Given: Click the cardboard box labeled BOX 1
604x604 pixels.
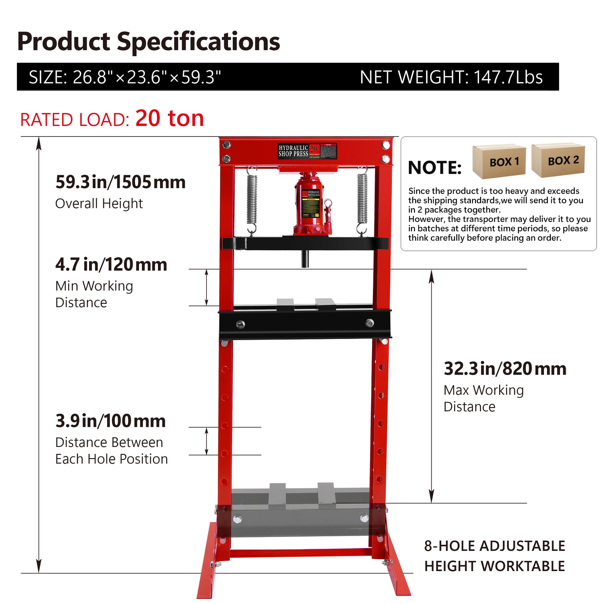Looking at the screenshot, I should (x=499, y=161).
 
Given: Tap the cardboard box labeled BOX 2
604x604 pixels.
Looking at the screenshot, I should (x=558, y=160).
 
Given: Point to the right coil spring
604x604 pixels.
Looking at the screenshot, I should (x=362, y=200).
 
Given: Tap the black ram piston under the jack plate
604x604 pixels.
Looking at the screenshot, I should (x=305, y=259).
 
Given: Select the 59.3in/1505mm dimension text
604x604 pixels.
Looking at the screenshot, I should (x=120, y=182).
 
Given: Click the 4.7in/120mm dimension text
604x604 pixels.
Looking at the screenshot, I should (x=111, y=264).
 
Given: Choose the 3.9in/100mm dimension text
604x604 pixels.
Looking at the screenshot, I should (x=110, y=421).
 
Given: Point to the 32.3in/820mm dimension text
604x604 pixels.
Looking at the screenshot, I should (x=505, y=369).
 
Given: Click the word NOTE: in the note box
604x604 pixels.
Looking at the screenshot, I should (x=435, y=168).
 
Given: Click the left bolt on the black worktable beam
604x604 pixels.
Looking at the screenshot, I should (x=240, y=324).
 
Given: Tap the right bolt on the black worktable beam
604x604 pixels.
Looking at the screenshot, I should (x=369, y=322).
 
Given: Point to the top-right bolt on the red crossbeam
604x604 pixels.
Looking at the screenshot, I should (x=385, y=145).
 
